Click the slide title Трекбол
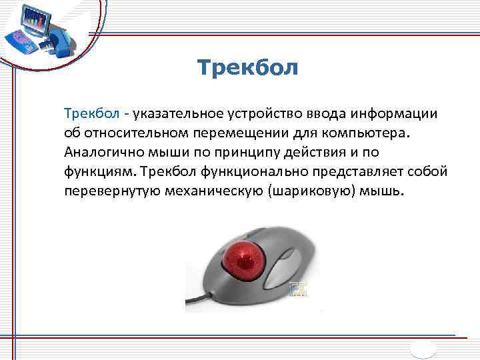(x=248, y=68)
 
